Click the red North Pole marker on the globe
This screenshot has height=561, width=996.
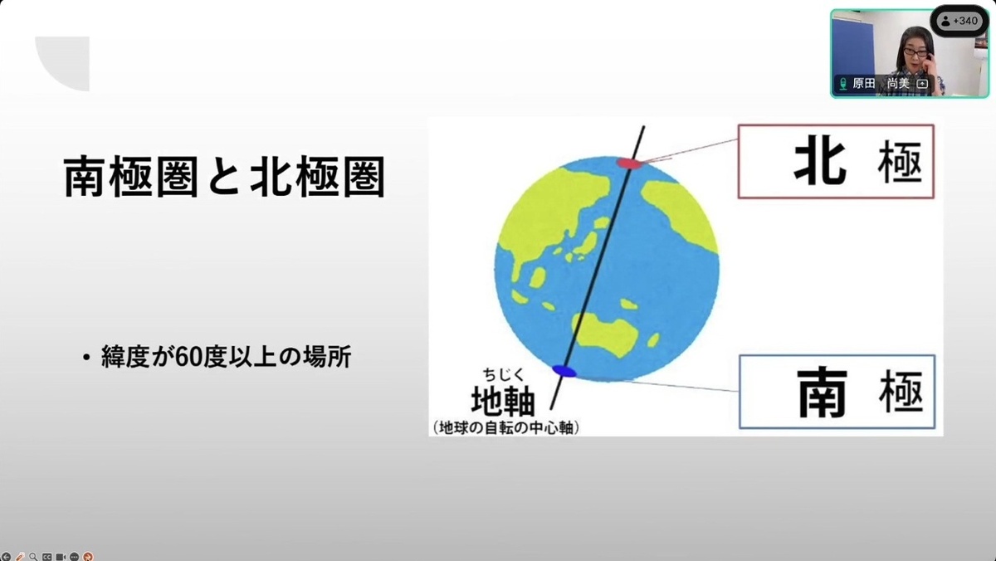click(x=629, y=163)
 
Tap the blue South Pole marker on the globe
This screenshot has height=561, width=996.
click(x=564, y=371)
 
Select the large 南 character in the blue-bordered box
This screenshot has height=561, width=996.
click(x=821, y=392)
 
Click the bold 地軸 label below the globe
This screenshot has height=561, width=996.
click(x=503, y=401)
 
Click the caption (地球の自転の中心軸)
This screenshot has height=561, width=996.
click(x=506, y=427)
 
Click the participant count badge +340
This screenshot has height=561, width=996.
click(x=960, y=21)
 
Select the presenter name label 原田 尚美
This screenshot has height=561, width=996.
click(x=881, y=83)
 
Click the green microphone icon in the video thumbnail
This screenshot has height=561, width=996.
click(x=842, y=84)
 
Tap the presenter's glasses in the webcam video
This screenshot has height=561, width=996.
click(x=916, y=52)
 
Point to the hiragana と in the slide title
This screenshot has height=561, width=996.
click(x=225, y=177)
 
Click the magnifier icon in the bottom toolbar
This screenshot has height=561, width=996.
click(x=33, y=556)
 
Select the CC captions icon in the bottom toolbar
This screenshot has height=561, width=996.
click(x=46, y=557)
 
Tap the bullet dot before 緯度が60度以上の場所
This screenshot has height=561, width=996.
click(x=86, y=357)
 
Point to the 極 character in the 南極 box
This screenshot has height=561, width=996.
click(x=901, y=391)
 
